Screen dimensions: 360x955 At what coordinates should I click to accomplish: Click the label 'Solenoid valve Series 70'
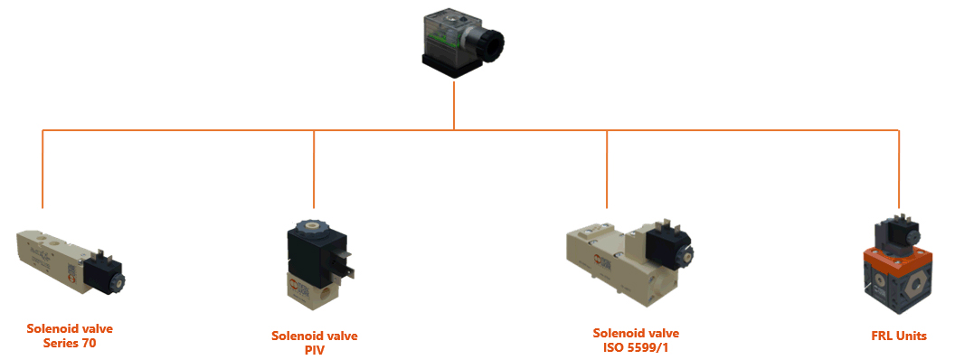click(70, 336)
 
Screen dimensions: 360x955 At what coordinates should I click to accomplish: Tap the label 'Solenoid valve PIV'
click(314, 343)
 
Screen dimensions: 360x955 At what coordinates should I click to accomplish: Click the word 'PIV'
click(314, 350)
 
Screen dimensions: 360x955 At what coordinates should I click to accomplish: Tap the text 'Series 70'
click(70, 343)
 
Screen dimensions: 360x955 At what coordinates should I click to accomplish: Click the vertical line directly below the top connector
click(454, 109)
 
